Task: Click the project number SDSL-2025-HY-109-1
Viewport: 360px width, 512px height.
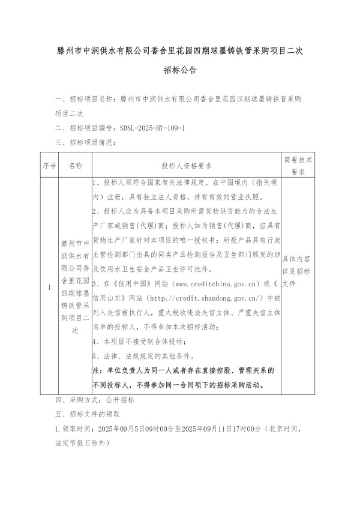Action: (152, 128)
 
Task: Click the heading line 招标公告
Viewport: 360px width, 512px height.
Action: (180, 70)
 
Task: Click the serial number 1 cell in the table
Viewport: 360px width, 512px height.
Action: (49, 287)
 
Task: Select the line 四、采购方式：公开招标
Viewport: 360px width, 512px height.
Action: (95, 400)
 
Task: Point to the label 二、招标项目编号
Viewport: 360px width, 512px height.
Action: (86, 128)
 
